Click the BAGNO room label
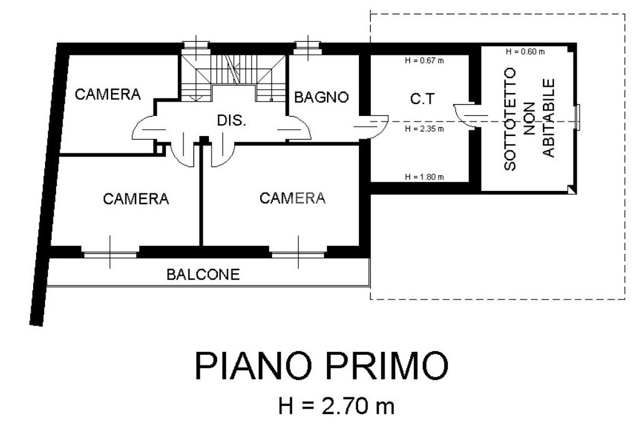pos(321,97)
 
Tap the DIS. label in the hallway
pos(232,120)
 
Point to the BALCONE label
pos(203,274)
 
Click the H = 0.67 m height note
pos(424,61)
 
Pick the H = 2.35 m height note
pos(424,129)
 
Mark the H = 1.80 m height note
pos(424,177)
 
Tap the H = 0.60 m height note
pos(525,51)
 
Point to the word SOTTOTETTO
pos(510,119)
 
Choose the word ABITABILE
pos(549,118)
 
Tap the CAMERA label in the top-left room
pos(107,94)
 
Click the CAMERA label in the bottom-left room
pos(136,199)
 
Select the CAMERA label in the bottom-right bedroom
pos(293,198)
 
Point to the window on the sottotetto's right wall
pos(578,117)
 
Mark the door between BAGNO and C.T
pos(373,125)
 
